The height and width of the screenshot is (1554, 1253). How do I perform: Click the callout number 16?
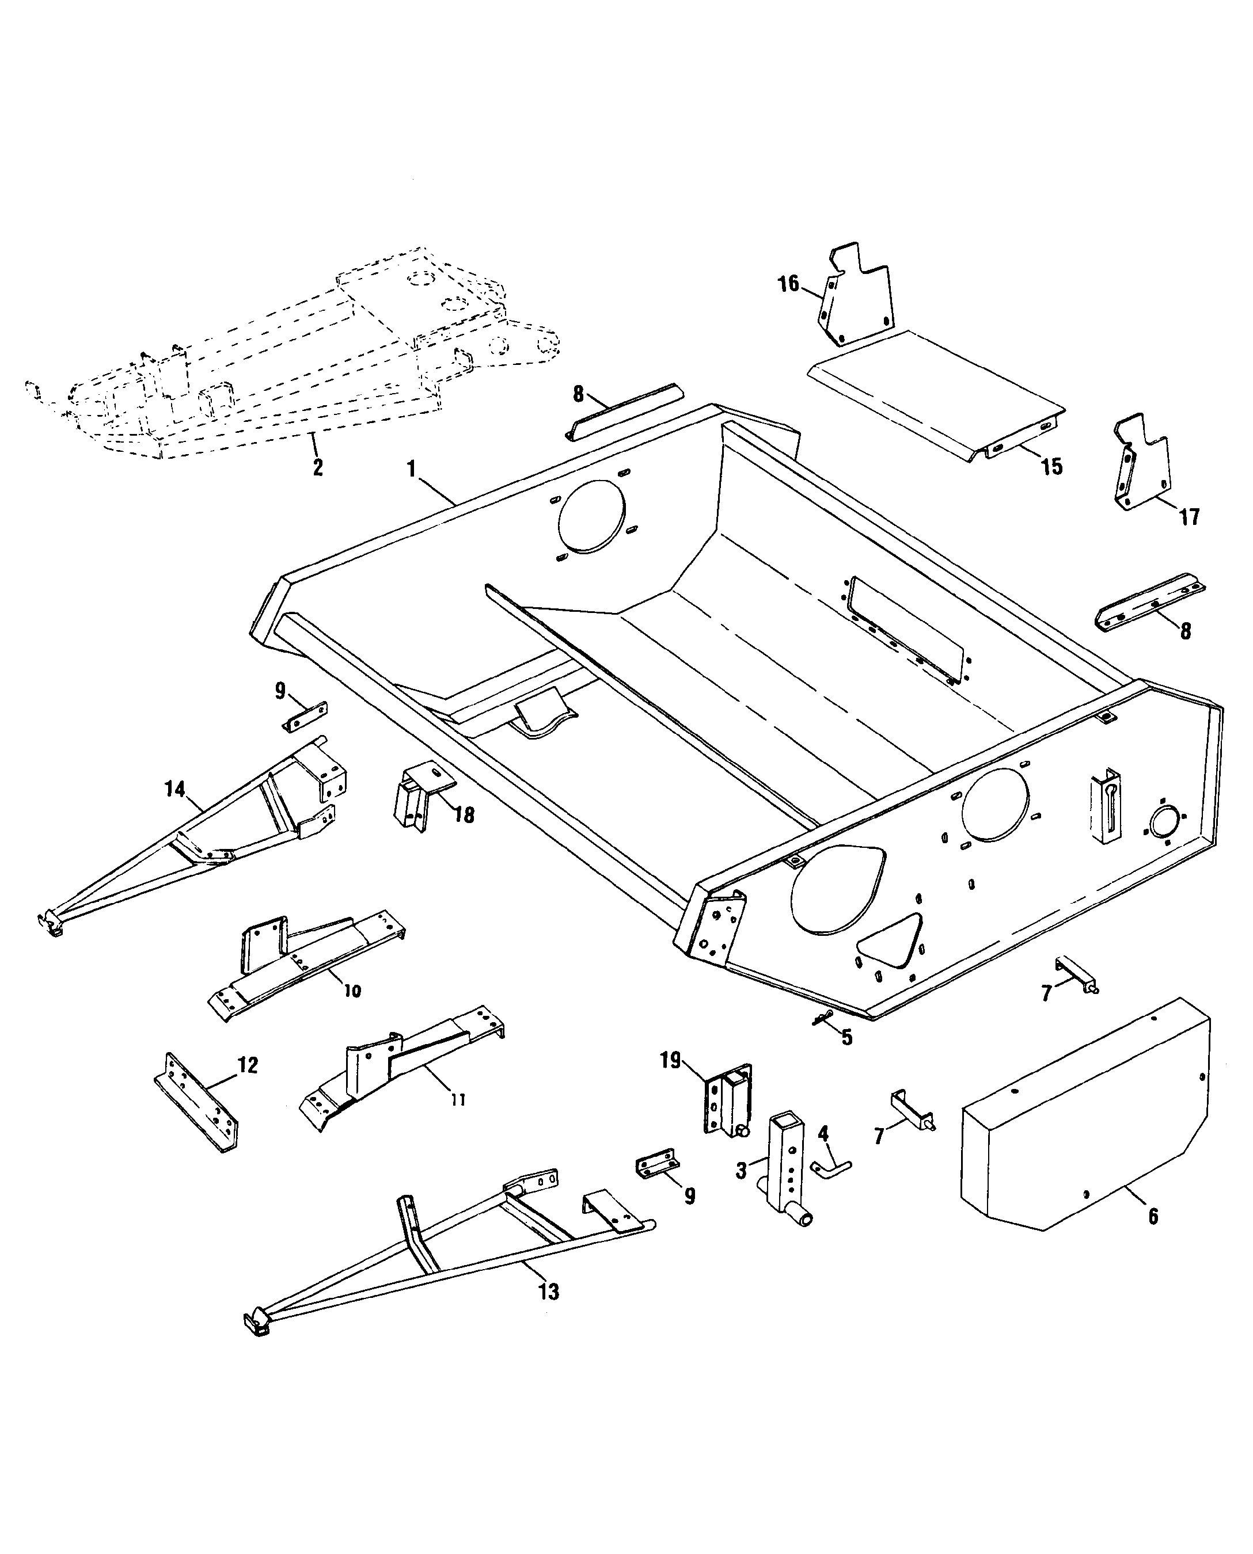788,284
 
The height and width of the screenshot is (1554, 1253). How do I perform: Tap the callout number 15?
1051,467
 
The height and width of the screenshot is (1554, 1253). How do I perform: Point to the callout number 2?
318,467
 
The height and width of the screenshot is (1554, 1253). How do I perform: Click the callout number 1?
411,470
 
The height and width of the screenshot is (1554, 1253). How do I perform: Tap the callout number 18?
464,815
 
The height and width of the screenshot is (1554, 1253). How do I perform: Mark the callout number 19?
670,1061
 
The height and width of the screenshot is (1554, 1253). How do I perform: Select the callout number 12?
248,1065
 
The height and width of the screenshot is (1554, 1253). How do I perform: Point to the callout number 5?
846,1038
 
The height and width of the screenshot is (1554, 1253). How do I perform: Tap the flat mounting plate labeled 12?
196,1101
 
